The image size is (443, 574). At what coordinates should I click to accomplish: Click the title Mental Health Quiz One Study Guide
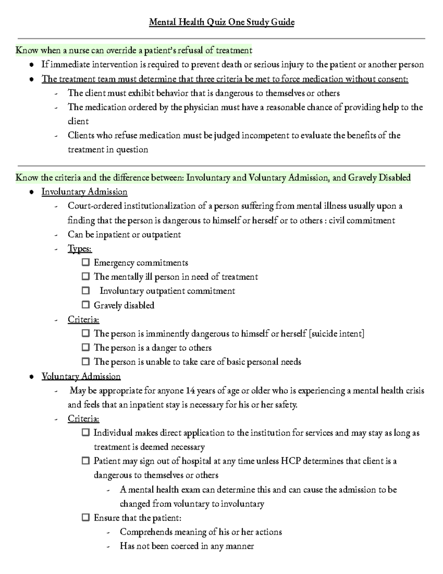(221, 23)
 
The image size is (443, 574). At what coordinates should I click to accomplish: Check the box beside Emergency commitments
(86, 262)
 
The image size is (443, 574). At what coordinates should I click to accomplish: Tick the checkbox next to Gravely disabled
(86, 305)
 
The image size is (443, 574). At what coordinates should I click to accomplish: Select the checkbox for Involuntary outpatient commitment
(86, 291)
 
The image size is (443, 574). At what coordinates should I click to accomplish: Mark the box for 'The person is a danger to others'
(86, 347)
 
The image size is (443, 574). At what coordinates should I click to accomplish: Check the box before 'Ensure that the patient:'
(86, 517)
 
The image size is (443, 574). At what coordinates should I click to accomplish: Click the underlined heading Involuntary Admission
(84, 192)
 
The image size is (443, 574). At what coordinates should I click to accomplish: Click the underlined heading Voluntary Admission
(81, 376)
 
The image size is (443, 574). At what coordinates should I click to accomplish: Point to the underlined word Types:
(80, 248)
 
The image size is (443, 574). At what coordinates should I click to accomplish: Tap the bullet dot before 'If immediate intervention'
(32, 65)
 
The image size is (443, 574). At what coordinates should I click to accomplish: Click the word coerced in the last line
(184, 546)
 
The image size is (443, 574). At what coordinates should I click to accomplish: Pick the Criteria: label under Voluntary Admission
(83, 419)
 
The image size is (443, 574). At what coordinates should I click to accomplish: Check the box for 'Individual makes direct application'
(86, 432)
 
